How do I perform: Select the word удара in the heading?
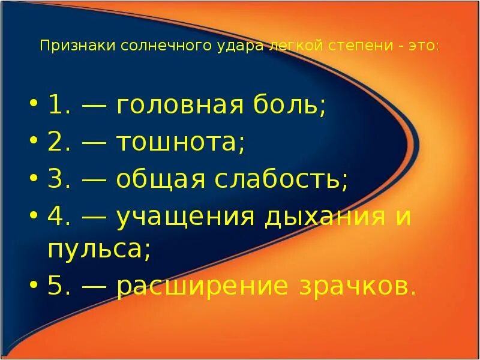coord(230,46)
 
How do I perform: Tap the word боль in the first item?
coord(288,106)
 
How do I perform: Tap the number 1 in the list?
coord(56,106)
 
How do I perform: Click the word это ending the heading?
coord(424,46)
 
